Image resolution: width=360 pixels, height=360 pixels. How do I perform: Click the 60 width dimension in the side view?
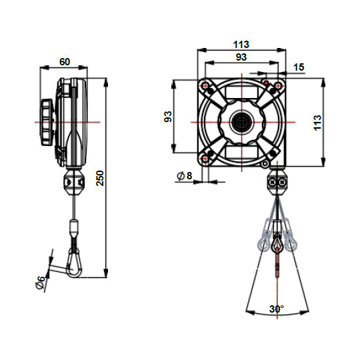click(65, 61)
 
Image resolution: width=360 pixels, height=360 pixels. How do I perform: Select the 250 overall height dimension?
click(100, 178)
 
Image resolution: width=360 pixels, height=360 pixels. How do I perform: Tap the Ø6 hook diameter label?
click(41, 282)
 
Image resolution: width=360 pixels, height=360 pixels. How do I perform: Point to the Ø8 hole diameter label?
click(184, 176)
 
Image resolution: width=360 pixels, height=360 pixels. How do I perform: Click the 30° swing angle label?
click(277, 309)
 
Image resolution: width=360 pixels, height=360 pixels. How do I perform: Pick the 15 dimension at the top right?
click(298, 67)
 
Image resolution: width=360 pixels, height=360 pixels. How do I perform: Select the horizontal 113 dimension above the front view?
click(241, 45)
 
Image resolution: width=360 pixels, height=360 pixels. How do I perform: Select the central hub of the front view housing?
click(240, 122)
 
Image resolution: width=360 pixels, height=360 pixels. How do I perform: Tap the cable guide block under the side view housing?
click(75, 182)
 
